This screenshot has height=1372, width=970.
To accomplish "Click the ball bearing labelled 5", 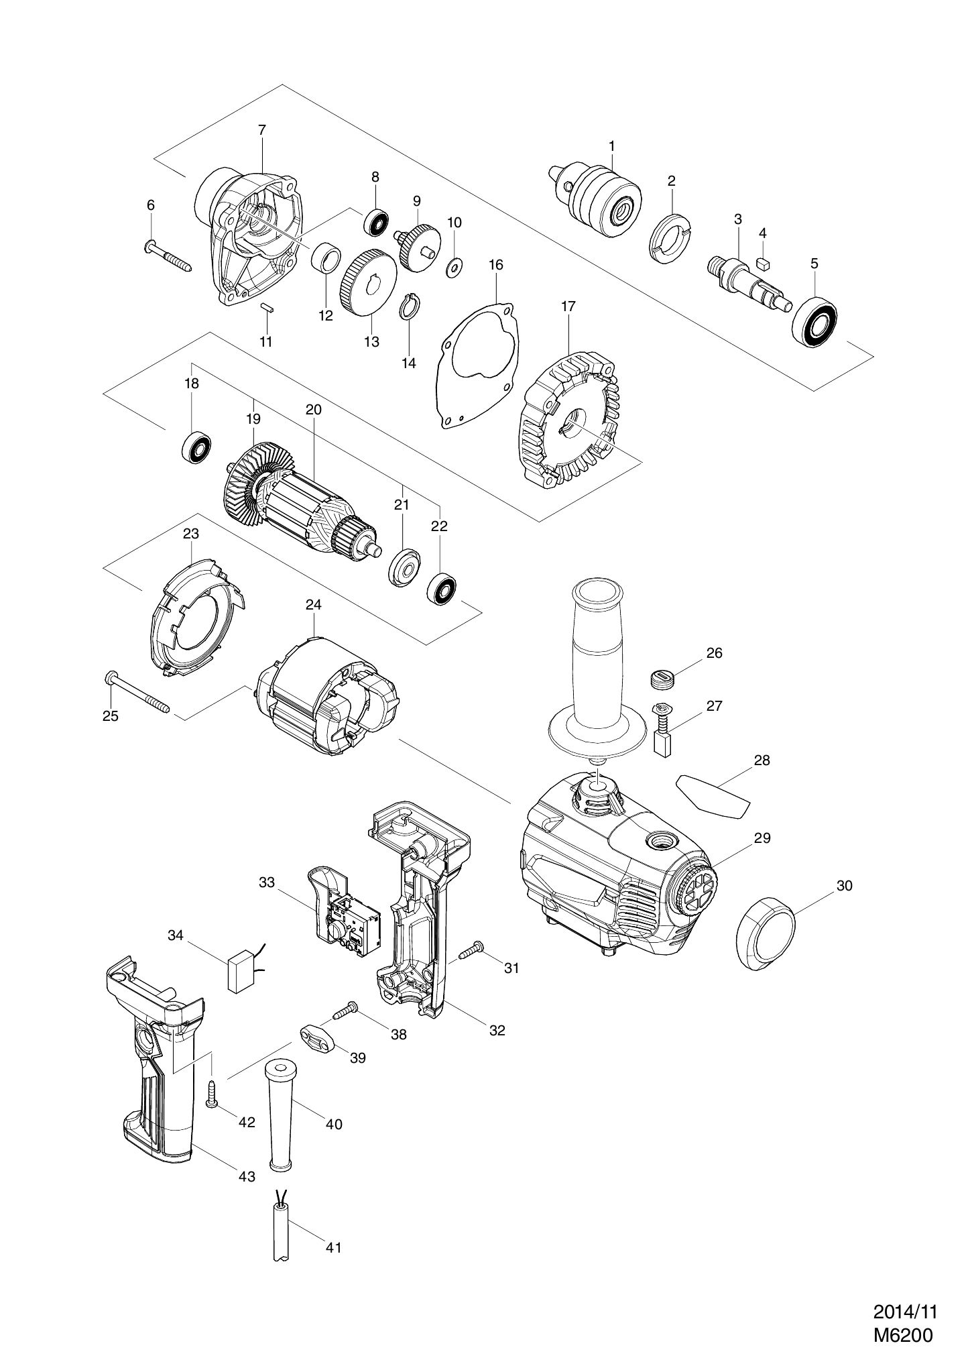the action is [x=814, y=321].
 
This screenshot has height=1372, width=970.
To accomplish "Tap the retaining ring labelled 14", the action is [x=410, y=308].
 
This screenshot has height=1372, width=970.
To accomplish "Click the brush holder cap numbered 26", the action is [x=662, y=679].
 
